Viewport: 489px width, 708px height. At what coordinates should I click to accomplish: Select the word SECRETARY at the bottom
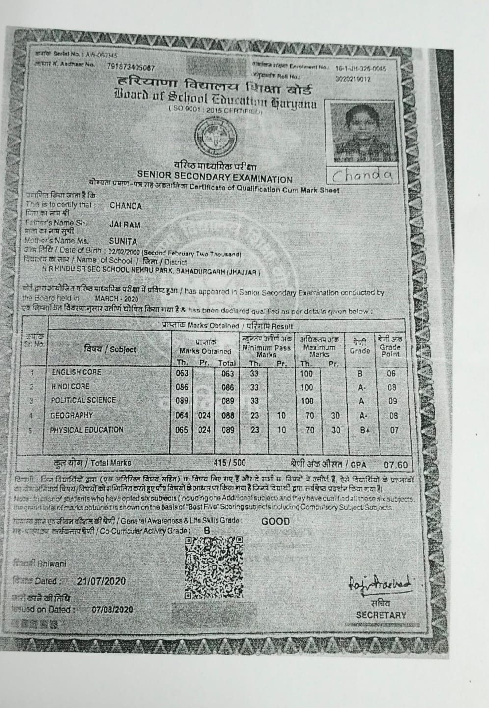click(x=381, y=615)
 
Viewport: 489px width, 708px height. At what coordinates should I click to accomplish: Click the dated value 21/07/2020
click(x=101, y=581)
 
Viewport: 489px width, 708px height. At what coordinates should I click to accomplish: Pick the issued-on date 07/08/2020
click(x=112, y=609)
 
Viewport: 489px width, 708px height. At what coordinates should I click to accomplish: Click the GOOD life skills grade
click(x=275, y=521)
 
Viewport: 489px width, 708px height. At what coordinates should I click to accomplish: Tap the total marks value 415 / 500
click(x=230, y=462)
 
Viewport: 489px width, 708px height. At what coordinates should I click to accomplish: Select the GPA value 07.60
click(x=396, y=464)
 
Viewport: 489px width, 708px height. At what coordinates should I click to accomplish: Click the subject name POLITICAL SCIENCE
click(x=83, y=400)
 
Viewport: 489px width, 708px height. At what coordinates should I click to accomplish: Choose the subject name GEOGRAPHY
click(x=72, y=415)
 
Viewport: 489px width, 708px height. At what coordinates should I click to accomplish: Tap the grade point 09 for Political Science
click(x=391, y=401)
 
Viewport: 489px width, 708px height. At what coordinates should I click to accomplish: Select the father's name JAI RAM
click(x=125, y=225)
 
